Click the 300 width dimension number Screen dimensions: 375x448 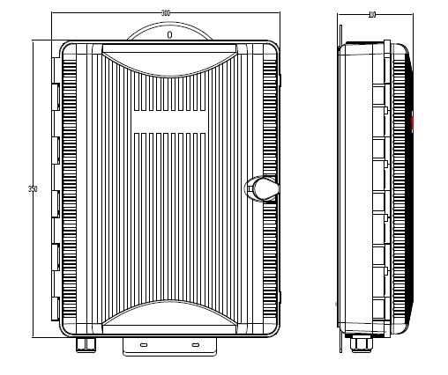pos(166,12)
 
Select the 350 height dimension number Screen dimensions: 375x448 pos(33,189)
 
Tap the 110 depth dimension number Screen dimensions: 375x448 pos(371,15)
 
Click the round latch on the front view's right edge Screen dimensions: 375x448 pos(263,187)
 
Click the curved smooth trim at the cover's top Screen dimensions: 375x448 pos(168,59)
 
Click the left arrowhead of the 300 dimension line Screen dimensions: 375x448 pos(55,14)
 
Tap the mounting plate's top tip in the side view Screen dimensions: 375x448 pos(341,25)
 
